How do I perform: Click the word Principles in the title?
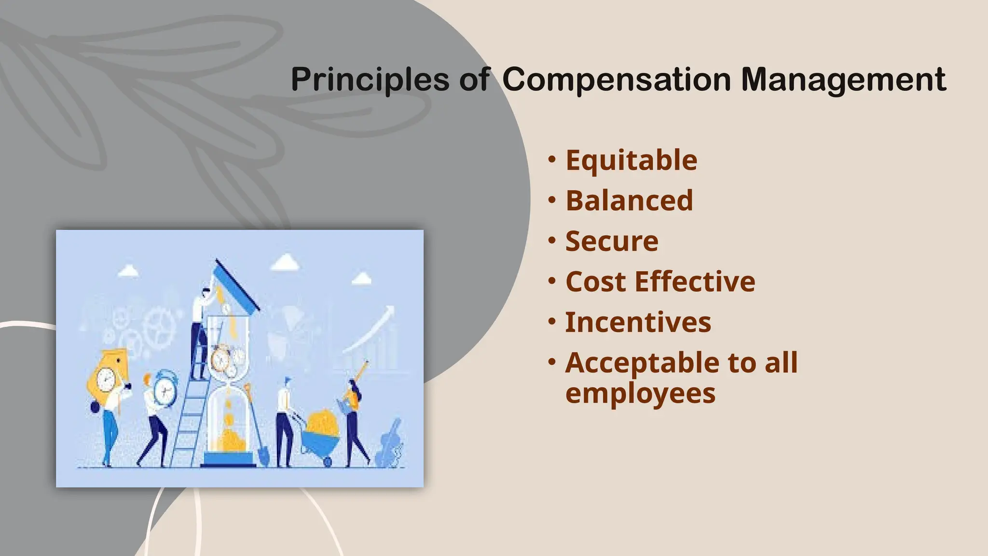(x=370, y=80)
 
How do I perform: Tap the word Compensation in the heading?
(x=617, y=80)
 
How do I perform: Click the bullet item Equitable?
(x=631, y=160)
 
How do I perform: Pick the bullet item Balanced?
(x=629, y=201)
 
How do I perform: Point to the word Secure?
(x=612, y=241)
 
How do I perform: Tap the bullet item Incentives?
(x=638, y=322)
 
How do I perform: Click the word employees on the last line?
(x=640, y=393)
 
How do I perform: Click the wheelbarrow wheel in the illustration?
(x=328, y=462)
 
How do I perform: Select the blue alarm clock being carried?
(x=165, y=389)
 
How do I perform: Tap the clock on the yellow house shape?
(x=106, y=379)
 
